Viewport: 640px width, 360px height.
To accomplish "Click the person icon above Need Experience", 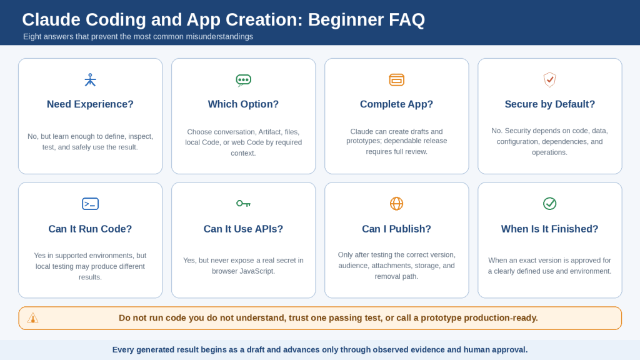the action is (x=90, y=80).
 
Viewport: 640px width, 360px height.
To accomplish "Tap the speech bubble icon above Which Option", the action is (x=243, y=81).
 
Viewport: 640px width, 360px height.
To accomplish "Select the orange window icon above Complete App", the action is (x=396, y=80).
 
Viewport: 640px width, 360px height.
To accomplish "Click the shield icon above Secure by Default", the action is (x=550, y=79).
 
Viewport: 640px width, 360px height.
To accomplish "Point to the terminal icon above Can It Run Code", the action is (x=90, y=204).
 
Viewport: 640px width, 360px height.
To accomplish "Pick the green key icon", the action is (x=243, y=203).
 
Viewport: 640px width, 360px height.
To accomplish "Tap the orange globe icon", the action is (x=396, y=203).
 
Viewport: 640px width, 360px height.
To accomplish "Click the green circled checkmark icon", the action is (x=550, y=203).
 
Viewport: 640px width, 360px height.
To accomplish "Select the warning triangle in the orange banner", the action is (x=32, y=318).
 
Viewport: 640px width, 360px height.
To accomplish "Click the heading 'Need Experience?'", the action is (x=90, y=104).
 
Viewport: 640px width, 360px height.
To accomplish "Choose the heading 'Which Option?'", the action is (x=243, y=104).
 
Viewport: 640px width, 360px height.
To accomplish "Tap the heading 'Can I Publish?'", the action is (x=396, y=229).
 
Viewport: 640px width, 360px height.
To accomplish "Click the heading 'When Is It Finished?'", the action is (x=550, y=229).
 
